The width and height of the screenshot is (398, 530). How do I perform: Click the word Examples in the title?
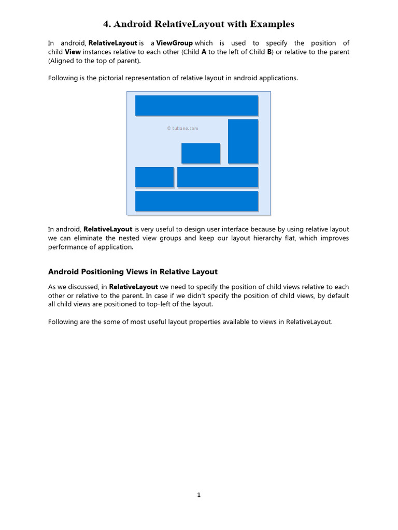tap(272, 24)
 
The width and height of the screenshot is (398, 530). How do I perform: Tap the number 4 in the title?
tap(106, 24)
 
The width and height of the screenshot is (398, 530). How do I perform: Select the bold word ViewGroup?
tap(175, 43)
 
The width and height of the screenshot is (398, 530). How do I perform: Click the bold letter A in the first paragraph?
tap(204, 52)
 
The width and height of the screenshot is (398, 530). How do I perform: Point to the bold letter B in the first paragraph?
tap(269, 52)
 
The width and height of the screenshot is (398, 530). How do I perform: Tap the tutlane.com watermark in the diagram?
tap(182, 128)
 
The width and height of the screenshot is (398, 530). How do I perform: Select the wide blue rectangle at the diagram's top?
tap(196, 106)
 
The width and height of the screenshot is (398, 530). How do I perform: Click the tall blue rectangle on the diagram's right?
tap(243, 141)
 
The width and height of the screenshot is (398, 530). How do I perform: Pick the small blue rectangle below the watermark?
tap(201, 153)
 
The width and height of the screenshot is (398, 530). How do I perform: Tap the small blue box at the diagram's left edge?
tap(154, 177)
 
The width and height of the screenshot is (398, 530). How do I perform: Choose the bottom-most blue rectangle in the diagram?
tap(196, 201)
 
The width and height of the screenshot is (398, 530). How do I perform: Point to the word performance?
tap(69, 247)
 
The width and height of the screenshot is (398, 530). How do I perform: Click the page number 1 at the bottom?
tap(199, 495)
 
